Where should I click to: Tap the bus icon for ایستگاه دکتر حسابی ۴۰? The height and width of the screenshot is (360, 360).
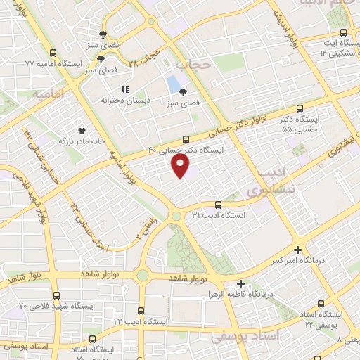click(186, 139)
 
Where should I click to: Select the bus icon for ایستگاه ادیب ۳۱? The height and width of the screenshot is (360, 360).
click(218, 205)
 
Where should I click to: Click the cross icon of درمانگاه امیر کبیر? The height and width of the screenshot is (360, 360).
click(299, 250)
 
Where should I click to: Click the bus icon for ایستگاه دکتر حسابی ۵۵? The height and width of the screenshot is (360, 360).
click(300, 108)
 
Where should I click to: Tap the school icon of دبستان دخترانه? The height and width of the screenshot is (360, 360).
click(125, 89)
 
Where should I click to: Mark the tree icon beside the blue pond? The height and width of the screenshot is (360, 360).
click(184, 91)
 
